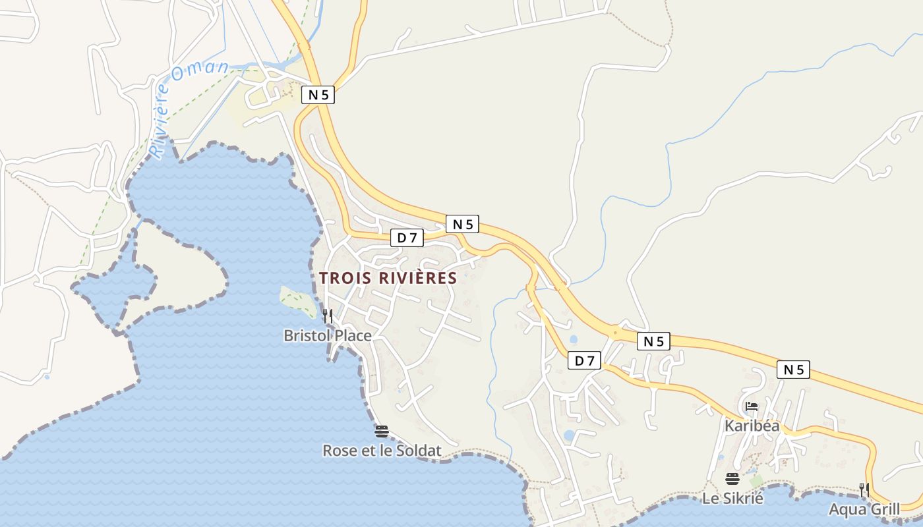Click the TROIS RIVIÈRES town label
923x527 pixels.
(388, 278)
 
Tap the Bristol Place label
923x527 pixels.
(328, 336)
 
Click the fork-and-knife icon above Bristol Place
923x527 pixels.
(327, 316)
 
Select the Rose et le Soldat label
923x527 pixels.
(381, 451)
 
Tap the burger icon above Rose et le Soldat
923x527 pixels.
(381, 431)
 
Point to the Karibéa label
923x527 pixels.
(752, 426)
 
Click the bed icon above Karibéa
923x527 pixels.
(751, 406)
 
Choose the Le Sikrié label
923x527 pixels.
(732, 499)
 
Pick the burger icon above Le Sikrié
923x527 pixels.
(732, 479)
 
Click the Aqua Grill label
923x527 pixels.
(864, 509)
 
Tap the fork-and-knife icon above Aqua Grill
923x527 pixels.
(864, 489)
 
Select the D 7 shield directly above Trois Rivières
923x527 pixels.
(407, 238)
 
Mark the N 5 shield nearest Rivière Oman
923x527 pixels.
(318, 95)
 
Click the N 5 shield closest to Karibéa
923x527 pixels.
(793, 370)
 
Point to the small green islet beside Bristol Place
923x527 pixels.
(299, 300)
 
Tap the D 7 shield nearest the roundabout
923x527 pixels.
(584, 360)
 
